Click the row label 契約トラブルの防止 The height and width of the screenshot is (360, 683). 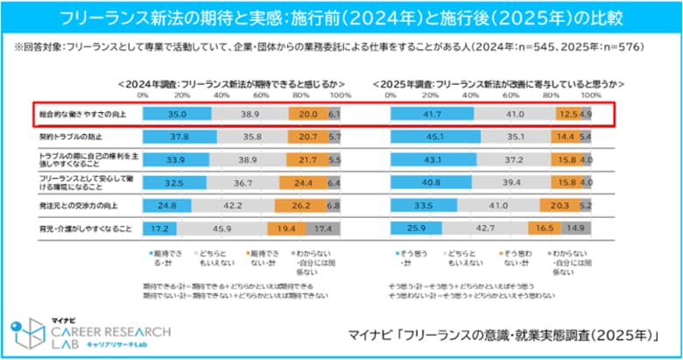tap(60, 138)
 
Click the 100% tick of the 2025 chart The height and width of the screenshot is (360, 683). tap(591, 95)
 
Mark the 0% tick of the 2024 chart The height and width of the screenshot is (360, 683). tap(143, 95)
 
